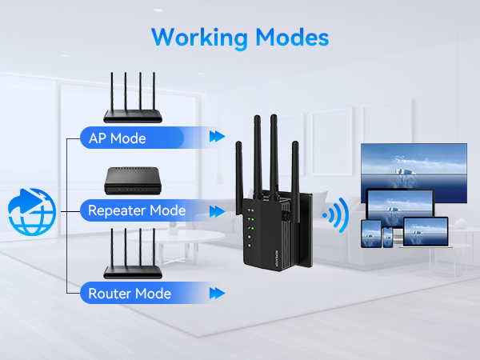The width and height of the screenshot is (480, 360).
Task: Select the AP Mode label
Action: click(117, 138)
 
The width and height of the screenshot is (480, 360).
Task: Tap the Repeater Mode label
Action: click(137, 211)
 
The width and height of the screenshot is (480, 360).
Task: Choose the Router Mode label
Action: click(130, 294)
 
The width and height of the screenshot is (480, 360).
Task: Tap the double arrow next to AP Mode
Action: click(216, 138)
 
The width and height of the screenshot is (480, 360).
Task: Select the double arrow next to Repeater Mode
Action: click(216, 211)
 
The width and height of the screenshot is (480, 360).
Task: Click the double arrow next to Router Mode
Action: click(216, 294)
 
